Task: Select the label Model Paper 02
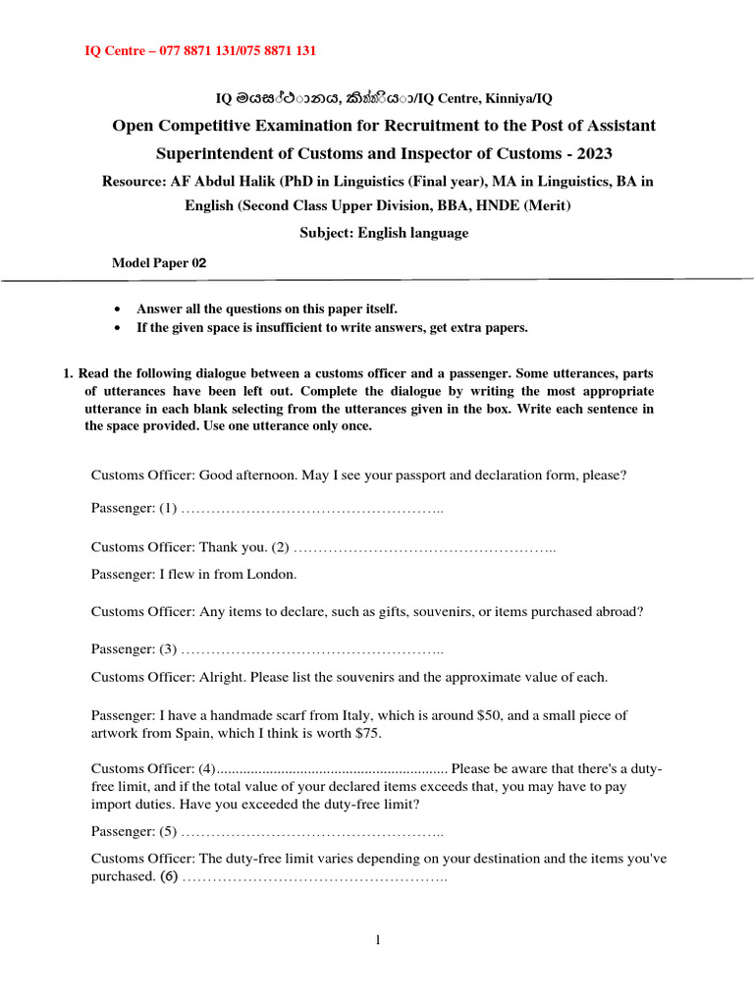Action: tap(159, 262)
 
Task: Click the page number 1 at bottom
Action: tap(377, 940)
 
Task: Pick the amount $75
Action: tap(366, 734)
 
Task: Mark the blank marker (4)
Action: tap(206, 768)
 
